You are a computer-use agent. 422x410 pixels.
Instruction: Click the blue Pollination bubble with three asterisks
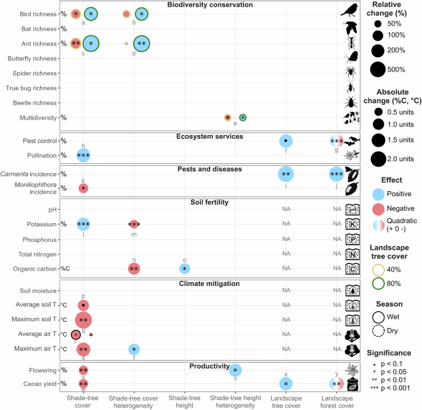coord(83,155)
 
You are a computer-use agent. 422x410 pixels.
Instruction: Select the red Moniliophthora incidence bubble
coord(83,188)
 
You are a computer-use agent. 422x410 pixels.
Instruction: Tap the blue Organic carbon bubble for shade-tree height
coord(185,269)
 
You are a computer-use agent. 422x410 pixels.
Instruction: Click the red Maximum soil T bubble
coord(83,320)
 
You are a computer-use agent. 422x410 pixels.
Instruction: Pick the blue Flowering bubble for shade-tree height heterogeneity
coord(235,371)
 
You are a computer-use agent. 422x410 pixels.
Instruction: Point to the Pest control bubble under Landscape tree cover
coord(286,141)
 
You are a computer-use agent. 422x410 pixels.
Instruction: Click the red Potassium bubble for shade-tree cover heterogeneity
coord(134,224)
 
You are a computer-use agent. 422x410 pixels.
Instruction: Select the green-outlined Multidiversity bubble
coord(243,117)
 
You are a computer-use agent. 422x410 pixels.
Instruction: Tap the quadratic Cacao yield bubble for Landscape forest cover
coord(337,384)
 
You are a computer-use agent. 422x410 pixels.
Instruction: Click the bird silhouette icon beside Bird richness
coord(350,10)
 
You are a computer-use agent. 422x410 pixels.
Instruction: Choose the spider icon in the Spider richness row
coord(351,72)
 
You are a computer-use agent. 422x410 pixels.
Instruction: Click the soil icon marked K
coord(352,224)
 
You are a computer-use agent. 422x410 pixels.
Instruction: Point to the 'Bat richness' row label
coord(39,29)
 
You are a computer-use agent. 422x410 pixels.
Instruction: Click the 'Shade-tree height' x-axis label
coord(185,401)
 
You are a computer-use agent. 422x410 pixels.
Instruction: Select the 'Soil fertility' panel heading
coord(209,202)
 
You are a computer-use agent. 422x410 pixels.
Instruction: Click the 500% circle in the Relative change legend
coord(378,70)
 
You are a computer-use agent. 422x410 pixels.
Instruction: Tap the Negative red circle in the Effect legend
coord(378,209)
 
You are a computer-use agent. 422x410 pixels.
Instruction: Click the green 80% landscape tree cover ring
coord(378,277)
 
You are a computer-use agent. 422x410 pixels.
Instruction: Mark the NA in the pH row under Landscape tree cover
coord(286,209)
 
